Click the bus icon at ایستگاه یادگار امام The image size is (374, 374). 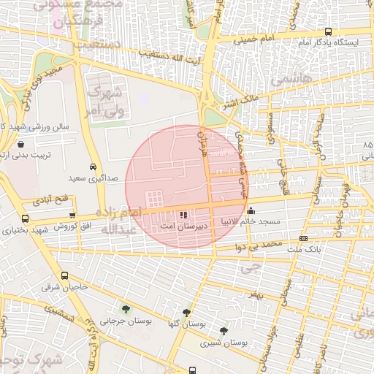pyautogui.click(x=328, y=33)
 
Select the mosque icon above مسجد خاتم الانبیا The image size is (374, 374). pyautogui.click(x=251, y=210)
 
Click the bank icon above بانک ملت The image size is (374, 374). pyautogui.click(x=304, y=239)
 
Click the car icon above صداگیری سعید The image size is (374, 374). pyautogui.click(x=93, y=166)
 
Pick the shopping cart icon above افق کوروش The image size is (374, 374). pyautogui.click(x=72, y=215)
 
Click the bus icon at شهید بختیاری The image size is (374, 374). pyautogui.click(x=26, y=218)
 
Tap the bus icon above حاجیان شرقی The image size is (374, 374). pyautogui.click(x=65, y=276)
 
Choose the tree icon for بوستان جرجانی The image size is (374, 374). pyautogui.click(x=126, y=308)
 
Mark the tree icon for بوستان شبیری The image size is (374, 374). pyautogui.click(x=224, y=331)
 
